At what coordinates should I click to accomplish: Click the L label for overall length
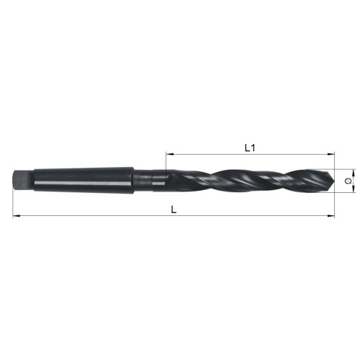172,209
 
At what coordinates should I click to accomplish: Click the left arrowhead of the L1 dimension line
169,153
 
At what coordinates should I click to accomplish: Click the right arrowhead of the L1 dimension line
332,153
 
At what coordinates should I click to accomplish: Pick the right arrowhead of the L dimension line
332,215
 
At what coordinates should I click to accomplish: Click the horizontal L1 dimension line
216,153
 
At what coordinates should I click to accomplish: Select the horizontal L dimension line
108,215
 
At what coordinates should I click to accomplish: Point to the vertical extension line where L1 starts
166,162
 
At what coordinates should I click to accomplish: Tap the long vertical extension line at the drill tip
335,202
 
